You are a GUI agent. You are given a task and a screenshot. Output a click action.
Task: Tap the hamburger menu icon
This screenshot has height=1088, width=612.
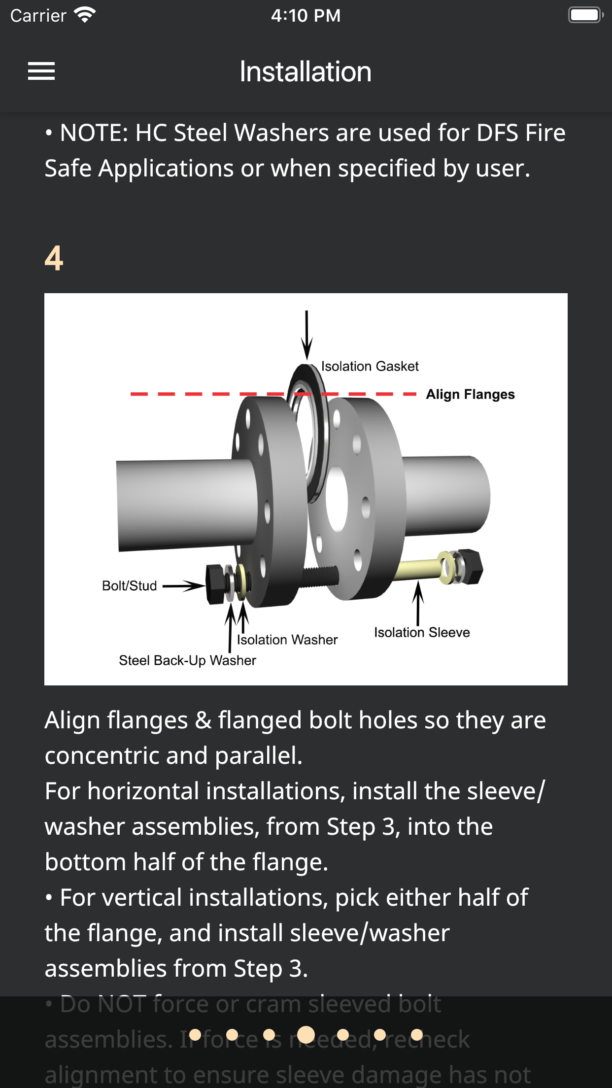(41, 71)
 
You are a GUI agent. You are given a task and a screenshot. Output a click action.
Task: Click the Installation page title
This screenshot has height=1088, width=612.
(306, 72)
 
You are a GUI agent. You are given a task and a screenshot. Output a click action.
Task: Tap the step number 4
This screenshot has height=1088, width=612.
(54, 258)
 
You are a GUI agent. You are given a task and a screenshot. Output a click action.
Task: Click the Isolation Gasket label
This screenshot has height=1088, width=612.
(370, 366)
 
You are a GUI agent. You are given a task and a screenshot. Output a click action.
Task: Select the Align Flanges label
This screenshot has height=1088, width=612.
(470, 394)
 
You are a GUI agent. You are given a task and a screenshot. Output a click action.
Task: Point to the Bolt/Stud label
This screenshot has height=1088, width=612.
(129, 585)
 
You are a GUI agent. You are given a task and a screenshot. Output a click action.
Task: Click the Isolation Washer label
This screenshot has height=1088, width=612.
(287, 640)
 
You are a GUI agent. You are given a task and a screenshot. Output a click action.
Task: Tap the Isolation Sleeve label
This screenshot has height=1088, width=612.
(422, 632)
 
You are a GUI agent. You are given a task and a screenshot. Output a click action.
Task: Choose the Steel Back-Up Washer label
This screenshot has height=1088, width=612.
(187, 660)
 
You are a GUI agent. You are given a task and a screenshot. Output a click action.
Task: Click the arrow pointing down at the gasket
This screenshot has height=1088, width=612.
(306, 335)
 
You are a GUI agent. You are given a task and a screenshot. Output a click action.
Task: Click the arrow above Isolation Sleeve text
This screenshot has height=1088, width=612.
(418, 604)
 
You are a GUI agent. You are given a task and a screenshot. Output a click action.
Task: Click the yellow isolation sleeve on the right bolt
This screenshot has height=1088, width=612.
(419, 569)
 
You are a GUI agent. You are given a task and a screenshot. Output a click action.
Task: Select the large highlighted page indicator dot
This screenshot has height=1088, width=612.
(306, 1034)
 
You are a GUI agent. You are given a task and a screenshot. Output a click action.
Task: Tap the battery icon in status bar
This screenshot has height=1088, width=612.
(585, 15)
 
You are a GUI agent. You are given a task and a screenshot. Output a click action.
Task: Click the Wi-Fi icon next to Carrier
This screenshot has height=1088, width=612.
(85, 15)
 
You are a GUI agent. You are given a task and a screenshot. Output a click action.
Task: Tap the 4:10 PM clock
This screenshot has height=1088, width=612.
(306, 15)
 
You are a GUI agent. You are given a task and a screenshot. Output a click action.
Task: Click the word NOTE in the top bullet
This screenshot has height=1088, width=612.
(94, 133)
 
